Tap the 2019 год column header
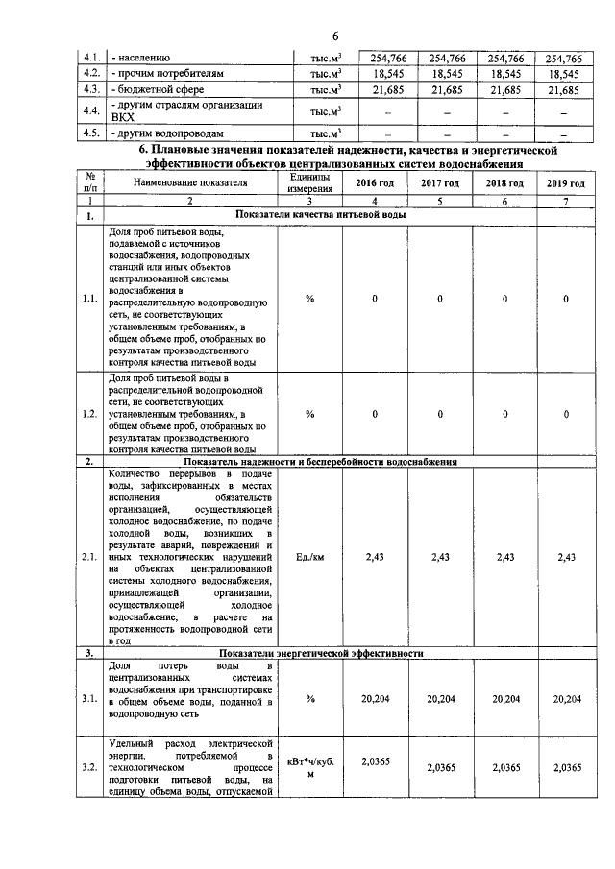565,183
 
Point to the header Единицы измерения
309,183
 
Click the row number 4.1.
92,58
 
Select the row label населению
144,58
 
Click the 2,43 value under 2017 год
440,557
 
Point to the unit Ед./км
309,557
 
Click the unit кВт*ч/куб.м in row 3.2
309,768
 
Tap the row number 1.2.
90,413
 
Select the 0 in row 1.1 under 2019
566,300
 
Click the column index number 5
440,202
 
